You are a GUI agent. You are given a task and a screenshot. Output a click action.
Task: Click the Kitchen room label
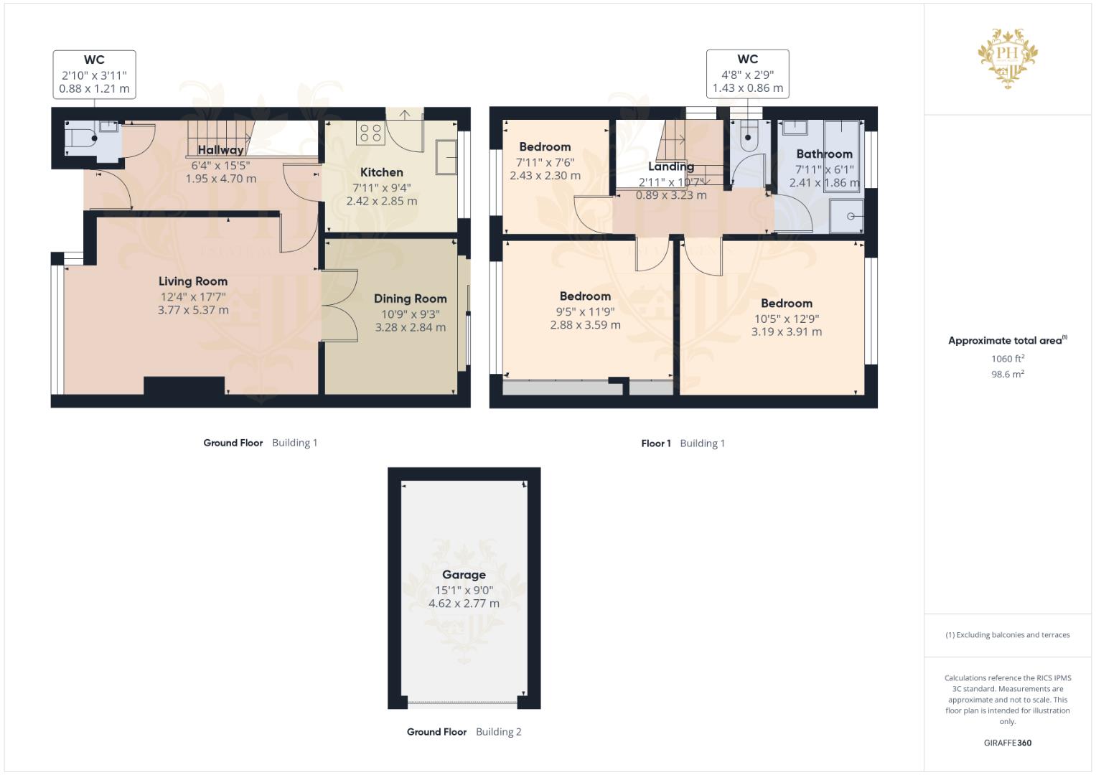[x=381, y=172]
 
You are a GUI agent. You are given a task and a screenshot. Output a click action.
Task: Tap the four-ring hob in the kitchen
[x=370, y=133]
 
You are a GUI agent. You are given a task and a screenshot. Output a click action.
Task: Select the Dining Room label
[x=410, y=299]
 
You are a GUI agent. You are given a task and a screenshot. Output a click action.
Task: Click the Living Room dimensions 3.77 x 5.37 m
[x=193, y=310]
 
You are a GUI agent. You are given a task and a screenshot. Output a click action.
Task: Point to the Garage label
[x=464, y=575]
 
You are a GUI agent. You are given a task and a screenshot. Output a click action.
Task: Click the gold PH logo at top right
[x=1008, y=57]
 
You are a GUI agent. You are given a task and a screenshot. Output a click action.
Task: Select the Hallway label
[x=220, y=150]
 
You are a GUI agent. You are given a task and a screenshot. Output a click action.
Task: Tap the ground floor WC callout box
[x=94, y=74]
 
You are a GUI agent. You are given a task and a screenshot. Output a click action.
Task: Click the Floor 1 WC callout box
[x=747, y=74]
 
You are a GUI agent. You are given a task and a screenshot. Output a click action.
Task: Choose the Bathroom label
[x=824, y=154]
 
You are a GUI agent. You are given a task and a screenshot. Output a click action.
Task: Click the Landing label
[x=670, y=166]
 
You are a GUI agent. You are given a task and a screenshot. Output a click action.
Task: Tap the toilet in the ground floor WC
[x=80, y=138]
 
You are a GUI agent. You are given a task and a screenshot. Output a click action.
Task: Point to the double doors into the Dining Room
[x=339, y=305]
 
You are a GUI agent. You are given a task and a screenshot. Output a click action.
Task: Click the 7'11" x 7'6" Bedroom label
[x=545, y=147]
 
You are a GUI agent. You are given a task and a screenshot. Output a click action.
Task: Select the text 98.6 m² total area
[x=1007, y=374]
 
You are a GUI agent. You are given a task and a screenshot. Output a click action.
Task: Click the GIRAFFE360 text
[x=1007, y=743]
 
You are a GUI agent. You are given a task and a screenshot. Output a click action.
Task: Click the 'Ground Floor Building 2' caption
[x=464, y=732]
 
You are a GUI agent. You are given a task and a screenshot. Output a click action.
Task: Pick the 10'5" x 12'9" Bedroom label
[x=786, y=304]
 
